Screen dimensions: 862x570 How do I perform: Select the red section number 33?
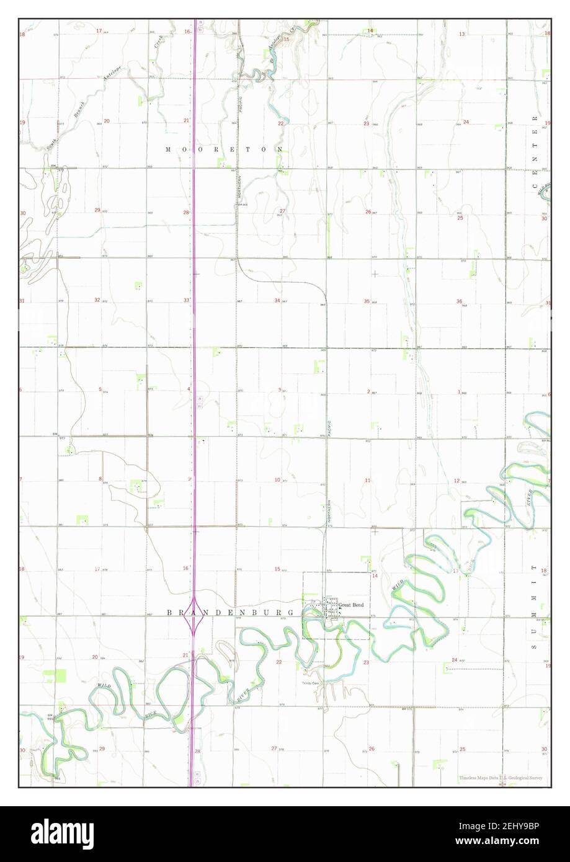tap(186, 300)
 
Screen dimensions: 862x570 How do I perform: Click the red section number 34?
tap(277, 300)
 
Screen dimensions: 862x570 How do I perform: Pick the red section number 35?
tap(367, 301)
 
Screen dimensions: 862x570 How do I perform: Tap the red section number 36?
tap(459, 301)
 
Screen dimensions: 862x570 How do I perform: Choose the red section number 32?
tap(97, 300)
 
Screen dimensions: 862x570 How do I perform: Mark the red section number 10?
tap(277, 479)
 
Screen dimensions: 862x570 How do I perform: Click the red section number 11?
tap(367, 481)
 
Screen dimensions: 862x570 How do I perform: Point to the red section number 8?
tap(100, 479)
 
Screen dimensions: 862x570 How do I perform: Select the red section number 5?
tap(100, 389)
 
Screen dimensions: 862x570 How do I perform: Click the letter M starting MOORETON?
tap(168, 149)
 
